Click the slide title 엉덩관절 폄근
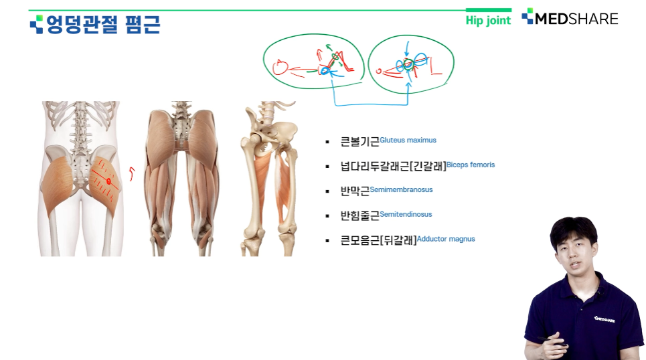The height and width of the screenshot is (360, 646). coord(103,24)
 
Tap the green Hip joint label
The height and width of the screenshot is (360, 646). coord(488,20)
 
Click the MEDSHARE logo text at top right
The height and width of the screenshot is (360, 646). coord(576,19)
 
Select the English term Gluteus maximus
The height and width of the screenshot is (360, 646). coord(408,140)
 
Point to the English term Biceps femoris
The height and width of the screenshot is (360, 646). coord(471,165)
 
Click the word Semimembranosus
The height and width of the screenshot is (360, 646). coord(401,189)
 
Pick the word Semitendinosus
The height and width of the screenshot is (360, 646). coord(406,214)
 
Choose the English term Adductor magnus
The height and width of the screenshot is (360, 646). coord(446,239)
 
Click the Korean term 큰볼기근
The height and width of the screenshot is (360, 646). coord(359,142)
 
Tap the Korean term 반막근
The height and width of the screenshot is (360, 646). coord(355,191)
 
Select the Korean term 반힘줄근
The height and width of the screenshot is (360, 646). coord(359,216)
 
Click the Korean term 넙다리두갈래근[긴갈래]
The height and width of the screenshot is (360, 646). coord(393,167)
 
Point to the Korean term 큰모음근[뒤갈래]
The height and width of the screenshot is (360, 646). coord(378,240)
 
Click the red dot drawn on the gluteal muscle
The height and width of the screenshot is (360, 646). coord(108,181)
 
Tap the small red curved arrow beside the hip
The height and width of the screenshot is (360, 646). coord(132,173)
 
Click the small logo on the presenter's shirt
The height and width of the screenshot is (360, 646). coord(604,319)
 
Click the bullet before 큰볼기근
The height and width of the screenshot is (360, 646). coord(327,142)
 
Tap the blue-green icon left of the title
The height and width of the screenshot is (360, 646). coord(37,24)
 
